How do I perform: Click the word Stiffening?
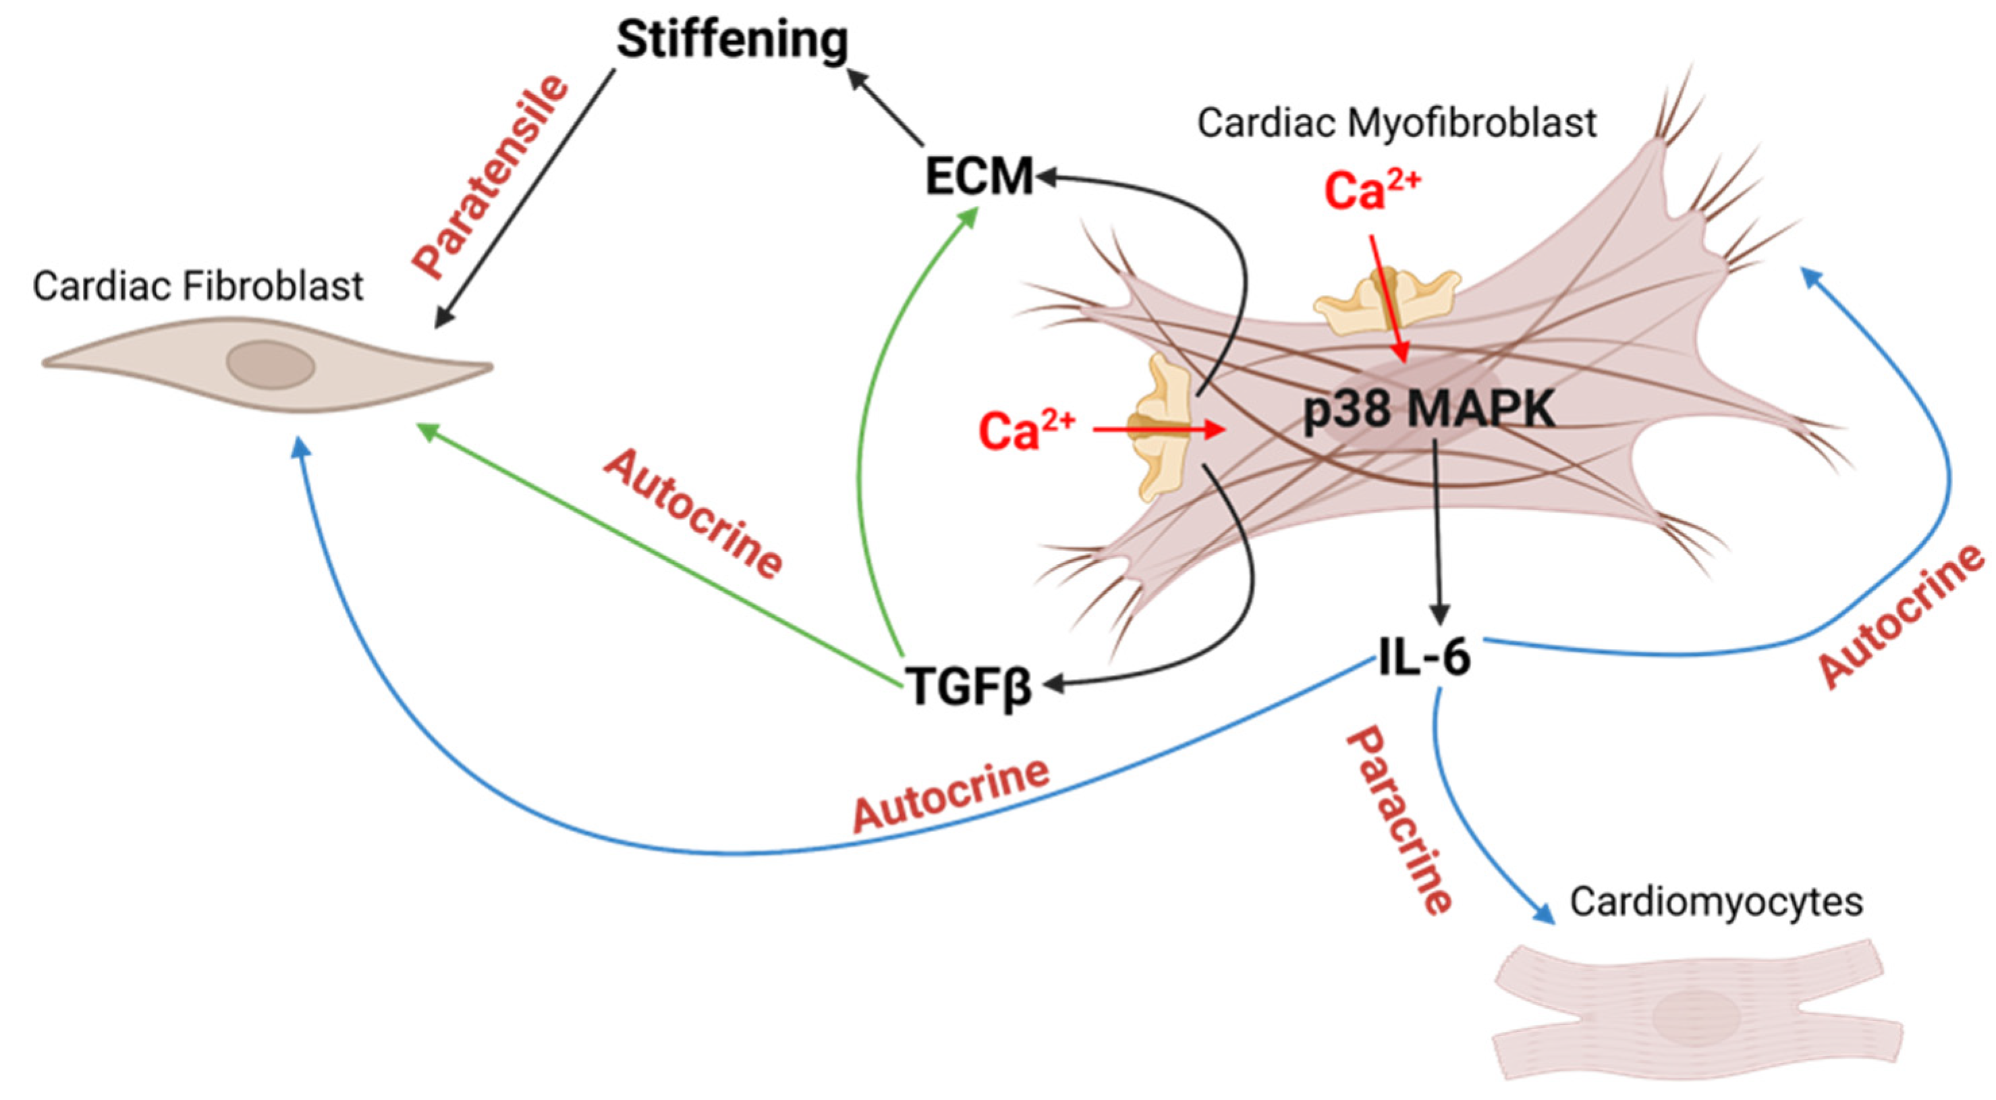click(x=732, y=40)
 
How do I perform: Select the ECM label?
click(x=979, y=176)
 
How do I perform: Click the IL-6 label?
click(x=1424, y=657)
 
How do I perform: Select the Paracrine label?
click(x=1399, y=819)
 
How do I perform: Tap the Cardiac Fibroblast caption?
click(x=198, y=286)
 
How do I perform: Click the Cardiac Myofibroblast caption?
click(x=1396, y=122)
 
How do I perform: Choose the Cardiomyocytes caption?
click(x=1716, y=902)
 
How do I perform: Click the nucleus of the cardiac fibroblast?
click(x=271, y=364)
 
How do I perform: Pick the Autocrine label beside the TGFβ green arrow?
click(x=694, y=514)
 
